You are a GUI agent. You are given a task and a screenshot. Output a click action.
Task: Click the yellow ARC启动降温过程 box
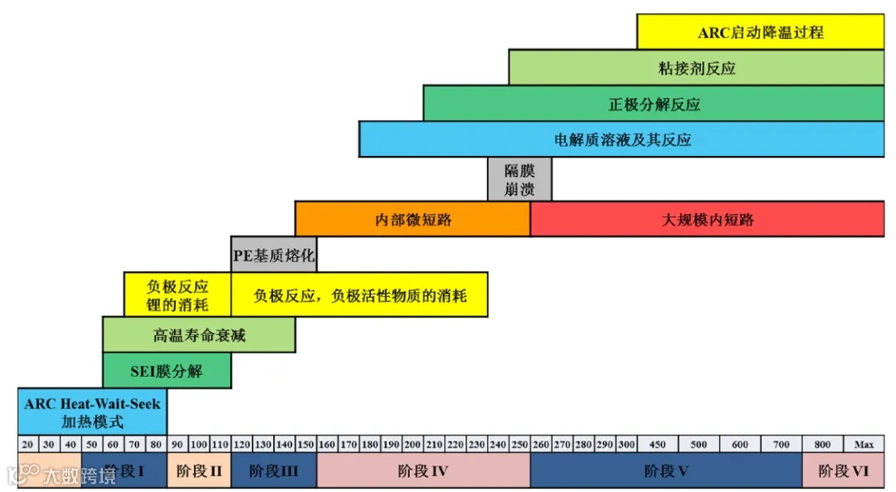click(760, 32)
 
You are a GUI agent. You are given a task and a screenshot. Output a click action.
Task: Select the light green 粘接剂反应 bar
click(696, 68)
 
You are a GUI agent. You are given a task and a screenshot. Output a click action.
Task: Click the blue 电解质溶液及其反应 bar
click(621, 139)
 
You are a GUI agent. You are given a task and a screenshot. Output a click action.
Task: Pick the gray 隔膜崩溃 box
click(519, 179)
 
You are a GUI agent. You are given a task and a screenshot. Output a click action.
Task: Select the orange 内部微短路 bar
click(412, 219)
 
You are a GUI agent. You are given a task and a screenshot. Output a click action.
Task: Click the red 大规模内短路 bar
click(707, 219)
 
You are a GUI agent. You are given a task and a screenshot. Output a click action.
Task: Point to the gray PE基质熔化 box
click(274, 255)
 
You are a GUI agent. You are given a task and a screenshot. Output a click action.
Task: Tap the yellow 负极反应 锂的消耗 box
click(177, 295)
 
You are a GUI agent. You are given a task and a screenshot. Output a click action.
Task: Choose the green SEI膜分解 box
click(167, 370)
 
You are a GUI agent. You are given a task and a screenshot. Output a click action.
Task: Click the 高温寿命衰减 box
click(199, 334)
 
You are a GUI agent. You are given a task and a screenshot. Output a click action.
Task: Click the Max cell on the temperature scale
click(864, 444)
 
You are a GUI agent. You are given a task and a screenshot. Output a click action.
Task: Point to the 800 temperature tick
click(822, 444)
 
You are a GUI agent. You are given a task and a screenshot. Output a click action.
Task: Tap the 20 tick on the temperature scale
click(27, 444)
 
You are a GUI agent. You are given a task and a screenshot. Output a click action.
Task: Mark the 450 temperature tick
click(658, 444)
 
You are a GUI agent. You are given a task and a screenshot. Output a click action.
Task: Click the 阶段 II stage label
click(199, 471)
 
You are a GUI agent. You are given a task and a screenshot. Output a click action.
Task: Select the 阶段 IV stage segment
click(423, 471)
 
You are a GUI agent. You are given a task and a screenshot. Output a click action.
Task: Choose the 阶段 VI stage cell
click(843, 471)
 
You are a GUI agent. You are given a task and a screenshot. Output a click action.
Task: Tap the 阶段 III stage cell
click(274, 471)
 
